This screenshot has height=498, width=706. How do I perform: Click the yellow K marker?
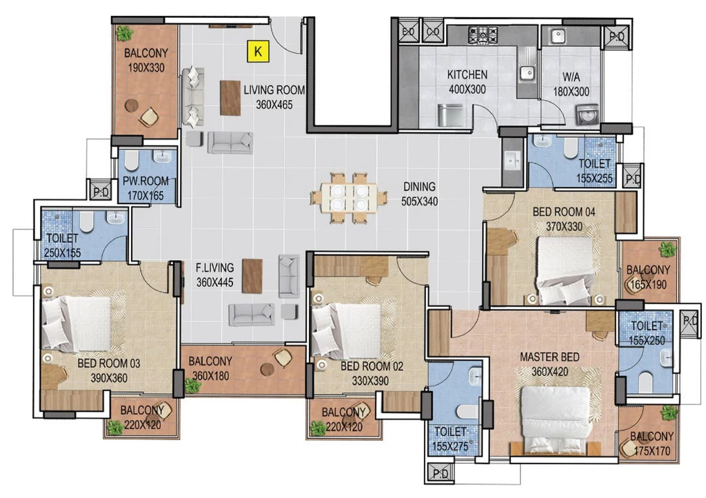[258, 51]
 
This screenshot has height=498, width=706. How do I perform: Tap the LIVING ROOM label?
[274, 90]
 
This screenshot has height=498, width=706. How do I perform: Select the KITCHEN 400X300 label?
[467, 82]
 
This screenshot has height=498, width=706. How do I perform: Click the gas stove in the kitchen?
[483, 34]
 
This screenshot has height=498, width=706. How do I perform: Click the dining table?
[350, 198]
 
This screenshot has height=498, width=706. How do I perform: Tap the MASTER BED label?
[549, 357]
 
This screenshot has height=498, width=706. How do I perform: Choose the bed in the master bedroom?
[556, 419]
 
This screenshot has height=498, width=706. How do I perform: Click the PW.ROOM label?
[145, 181]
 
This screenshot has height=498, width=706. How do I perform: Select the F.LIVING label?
[215, 268]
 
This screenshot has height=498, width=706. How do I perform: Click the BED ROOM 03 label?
[108, 363]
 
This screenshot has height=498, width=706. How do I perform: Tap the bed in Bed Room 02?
[347, 331]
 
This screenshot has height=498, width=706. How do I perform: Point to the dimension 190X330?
[145, 68]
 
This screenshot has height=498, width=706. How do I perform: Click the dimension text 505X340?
[419, 201]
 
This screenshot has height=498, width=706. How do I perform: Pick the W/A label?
[571, 77]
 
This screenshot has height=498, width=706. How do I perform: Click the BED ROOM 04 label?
[564, 212]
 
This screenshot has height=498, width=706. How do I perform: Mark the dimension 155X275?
[450, 446]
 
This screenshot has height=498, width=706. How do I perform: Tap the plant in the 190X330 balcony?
[124, 33]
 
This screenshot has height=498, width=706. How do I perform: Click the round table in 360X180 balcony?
[267, 369]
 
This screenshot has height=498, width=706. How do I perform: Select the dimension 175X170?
[652, 450]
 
